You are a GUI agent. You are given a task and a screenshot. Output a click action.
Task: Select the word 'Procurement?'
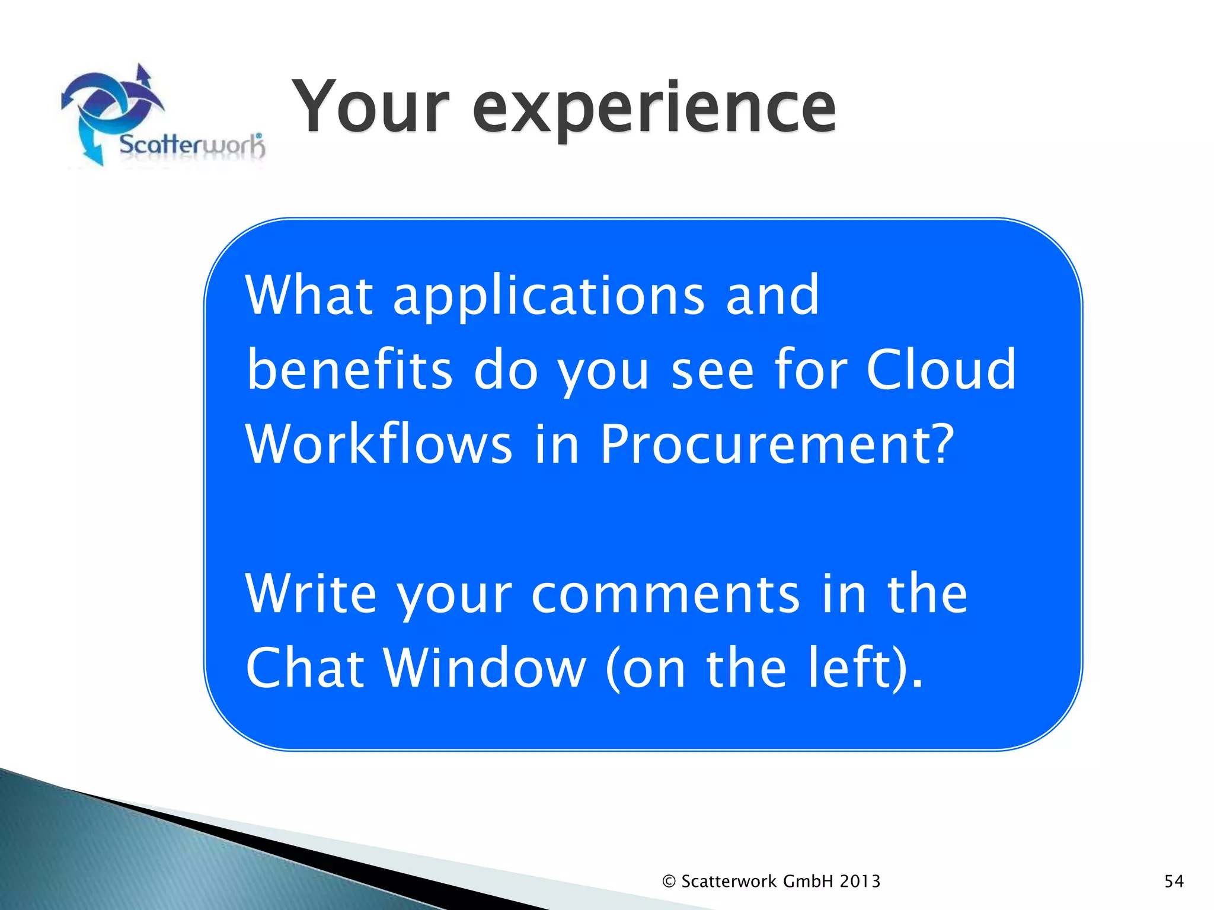click(x=777, y=446)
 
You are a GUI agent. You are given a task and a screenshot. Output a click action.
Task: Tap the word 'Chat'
click(x=305, y=668)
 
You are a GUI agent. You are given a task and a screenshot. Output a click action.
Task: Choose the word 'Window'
click(x=484, y=668)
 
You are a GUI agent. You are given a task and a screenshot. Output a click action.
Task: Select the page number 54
click(x=1174, y=882)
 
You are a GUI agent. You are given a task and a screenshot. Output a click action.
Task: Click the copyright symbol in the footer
click(x=669, y=882)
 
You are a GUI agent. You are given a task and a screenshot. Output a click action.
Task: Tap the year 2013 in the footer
click(x=860, y=882)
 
